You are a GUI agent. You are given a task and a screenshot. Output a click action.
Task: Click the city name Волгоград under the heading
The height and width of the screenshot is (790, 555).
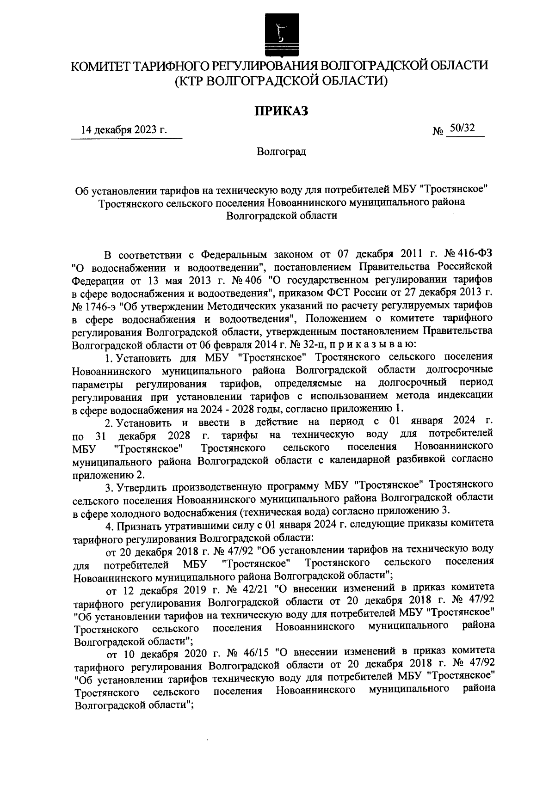tap(282, 152)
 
